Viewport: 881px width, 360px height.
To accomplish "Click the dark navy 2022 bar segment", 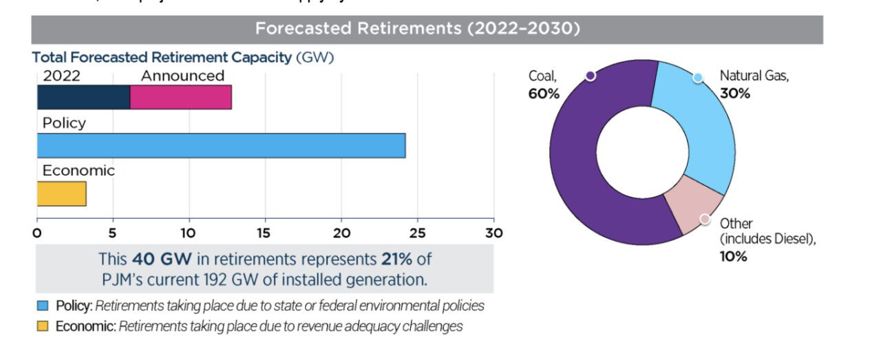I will pyautogui.click(x=83, y=98).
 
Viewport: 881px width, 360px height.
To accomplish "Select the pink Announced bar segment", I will pyautogui.click(x=180, y=98).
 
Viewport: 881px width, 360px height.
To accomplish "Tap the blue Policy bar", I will pyautogui.click(x=221, y=146).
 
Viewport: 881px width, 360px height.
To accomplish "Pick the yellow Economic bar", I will pyautogui.click(x=61, y=194).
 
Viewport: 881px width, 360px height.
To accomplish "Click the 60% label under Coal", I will pyautogui.click(x=544, y=94).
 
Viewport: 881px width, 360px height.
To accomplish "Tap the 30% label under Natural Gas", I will pyautogui.click(x=735, y=94).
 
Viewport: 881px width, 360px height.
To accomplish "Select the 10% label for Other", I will pyautogui.click(x=734, y=256).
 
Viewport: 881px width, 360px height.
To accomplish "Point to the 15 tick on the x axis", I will pyautogui.click(x=265, y=233).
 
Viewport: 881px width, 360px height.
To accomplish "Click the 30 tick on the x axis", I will pyautogui.click(x=493, y=233).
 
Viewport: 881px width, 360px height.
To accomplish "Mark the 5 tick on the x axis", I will pyautogui.click(x=113, y=233).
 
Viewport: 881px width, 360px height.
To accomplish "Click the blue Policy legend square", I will pyautogui.click(x=43, y=306).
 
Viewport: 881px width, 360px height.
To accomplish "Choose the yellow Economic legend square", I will pyautogui.click(x=43, y=326).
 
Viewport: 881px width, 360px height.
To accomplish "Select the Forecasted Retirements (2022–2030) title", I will pyautogui.click(x=418, y=29).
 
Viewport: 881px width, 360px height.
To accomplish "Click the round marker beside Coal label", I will pyautogui.click(x=590, y=76).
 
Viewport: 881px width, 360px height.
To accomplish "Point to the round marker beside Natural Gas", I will pyautogui.click(x=698, y=78).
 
